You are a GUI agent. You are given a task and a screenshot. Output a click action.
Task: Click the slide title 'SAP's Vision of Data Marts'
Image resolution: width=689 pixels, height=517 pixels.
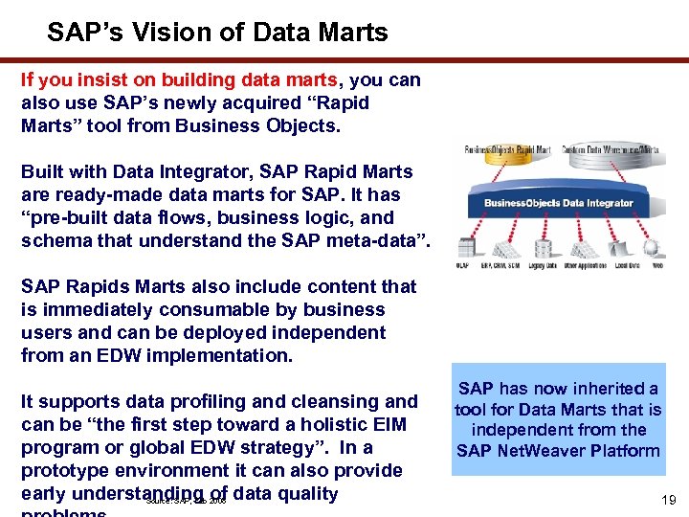[x=217, y=33]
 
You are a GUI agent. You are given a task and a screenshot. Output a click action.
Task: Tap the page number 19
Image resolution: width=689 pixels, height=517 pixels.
[x=669, y=499]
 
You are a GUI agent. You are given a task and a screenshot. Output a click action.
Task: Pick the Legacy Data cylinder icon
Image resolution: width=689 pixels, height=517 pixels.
[x=543, y=247]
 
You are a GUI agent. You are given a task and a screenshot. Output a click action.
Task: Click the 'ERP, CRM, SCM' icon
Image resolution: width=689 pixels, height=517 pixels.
[x=507, y=247]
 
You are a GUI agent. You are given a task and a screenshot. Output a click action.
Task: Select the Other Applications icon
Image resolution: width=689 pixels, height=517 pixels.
[x=585, y=247]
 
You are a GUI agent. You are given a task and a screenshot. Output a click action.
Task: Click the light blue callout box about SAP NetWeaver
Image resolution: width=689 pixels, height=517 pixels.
[x=558, y=419]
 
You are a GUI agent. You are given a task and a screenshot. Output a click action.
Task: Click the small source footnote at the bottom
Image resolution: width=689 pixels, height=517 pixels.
[x=187, y=499]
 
